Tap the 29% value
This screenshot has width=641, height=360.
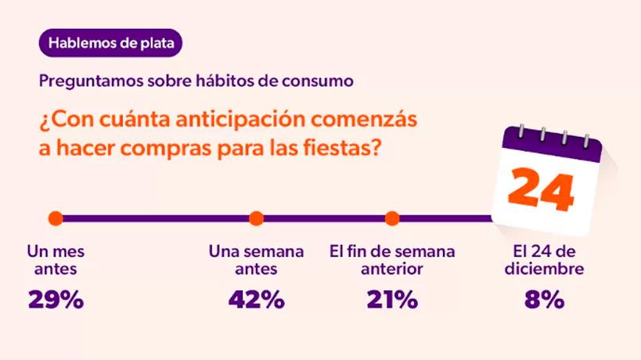click(x=56, y=300)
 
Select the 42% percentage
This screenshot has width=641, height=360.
click(x=256, y=300)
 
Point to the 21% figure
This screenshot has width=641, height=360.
click(x=392, y=300)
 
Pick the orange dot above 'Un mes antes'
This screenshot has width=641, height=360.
click(x=55, y=218)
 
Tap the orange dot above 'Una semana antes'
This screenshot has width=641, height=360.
click(x=256, y=218)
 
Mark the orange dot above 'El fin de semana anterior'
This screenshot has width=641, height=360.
click(x=392, y=218)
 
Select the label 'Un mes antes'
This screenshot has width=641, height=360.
click(x=56, y=261)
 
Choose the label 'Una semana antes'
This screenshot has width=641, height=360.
click(x=256, y=261)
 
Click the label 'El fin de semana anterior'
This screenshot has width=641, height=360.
click(x=392, y=261)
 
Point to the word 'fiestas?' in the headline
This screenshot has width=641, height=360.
click(x=342, y=148)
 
